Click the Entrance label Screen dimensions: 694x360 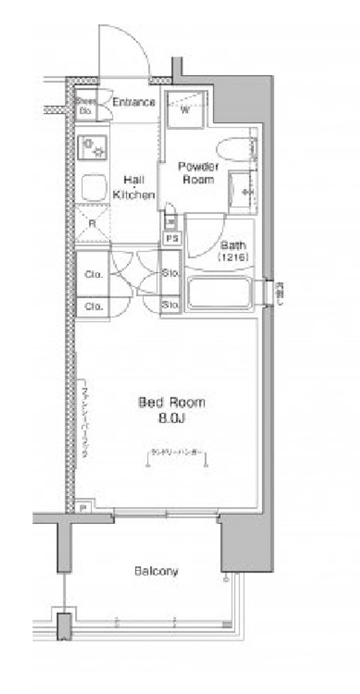tap(133, 103)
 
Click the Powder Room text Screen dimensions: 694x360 tap(199, 172)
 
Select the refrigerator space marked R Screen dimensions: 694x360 tap(92, 224)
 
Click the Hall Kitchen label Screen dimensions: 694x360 tap(133, 187)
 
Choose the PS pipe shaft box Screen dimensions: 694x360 tap(170, 238)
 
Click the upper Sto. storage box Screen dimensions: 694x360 tap(170, 273)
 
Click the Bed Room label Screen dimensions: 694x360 tap(172, 402)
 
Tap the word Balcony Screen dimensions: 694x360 tap(156, 571)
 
